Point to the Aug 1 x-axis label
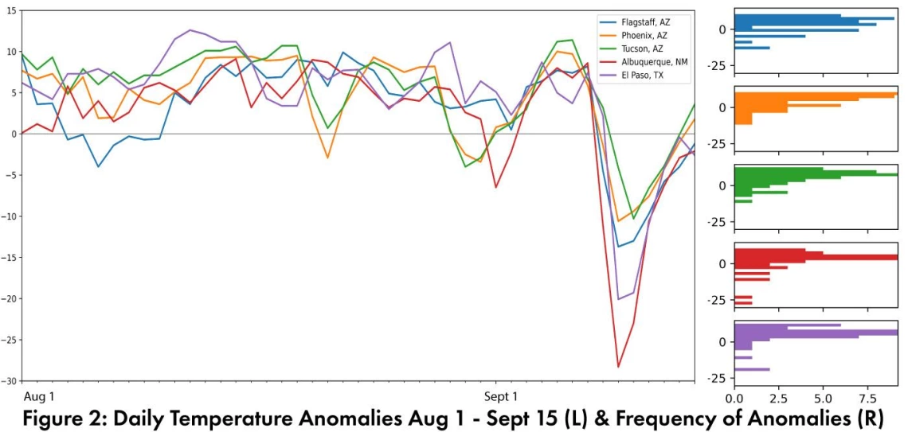coord(39,395)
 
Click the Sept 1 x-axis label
coord(500,395)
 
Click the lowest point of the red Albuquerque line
coord(618,367)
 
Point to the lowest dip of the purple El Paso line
coord(619,299)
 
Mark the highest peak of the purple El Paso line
coord(190,30)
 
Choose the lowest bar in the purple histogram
coord(752,369)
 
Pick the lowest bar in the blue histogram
coord(752,48)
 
